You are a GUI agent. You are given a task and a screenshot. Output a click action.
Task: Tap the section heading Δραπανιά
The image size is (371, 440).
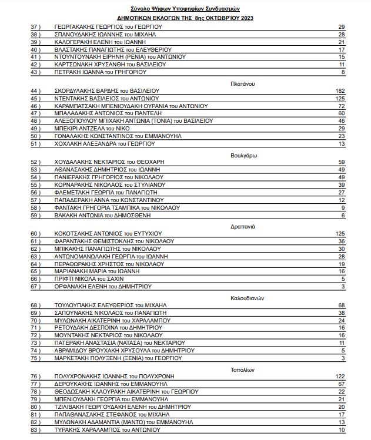242,226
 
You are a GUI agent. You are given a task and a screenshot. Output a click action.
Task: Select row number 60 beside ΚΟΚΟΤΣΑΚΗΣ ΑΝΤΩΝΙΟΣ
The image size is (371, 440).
35,234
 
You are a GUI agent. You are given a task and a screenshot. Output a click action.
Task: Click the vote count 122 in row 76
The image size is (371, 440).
339,376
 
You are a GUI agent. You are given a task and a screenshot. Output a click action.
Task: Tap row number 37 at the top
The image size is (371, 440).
35,27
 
